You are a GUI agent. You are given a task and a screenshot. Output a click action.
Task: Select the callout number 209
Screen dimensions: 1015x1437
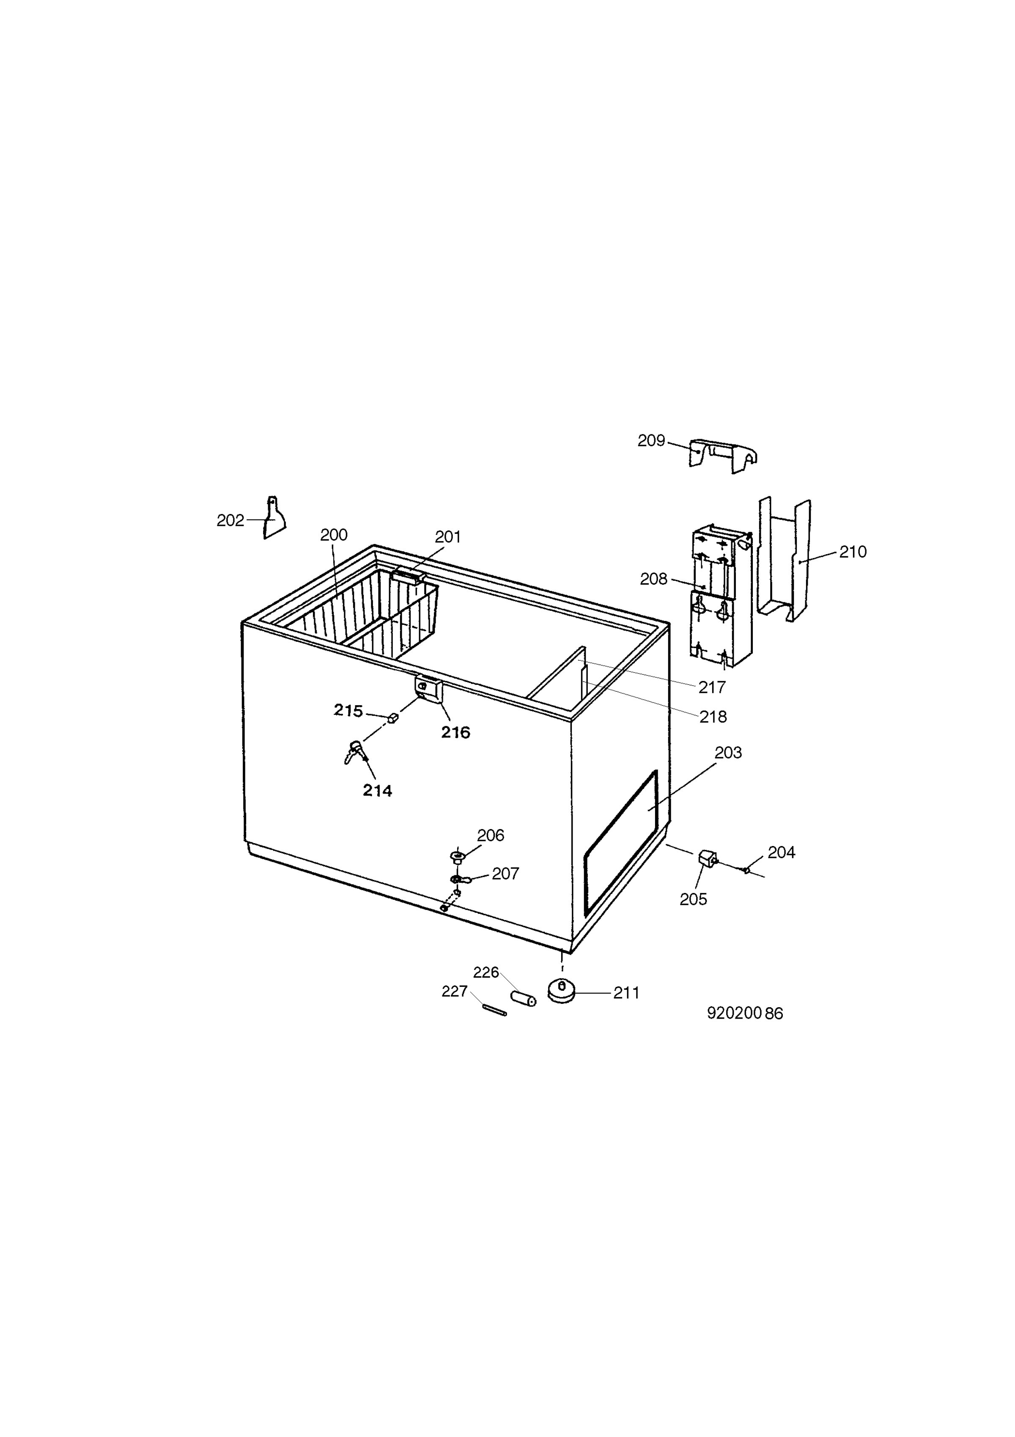(651, 441)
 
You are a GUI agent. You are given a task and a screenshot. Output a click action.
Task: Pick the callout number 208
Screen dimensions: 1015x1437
(653, 579)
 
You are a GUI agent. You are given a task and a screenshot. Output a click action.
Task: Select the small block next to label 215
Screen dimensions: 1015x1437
(393, 717)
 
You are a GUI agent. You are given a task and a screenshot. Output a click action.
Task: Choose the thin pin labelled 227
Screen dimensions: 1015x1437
(494, 1009)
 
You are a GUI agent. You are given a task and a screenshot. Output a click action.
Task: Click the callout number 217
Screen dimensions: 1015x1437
(712, 687)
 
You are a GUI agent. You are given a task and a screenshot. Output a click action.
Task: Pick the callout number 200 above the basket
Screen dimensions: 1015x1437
(334, 535)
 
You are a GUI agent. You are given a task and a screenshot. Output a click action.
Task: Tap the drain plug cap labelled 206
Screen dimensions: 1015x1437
(458, 856)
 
